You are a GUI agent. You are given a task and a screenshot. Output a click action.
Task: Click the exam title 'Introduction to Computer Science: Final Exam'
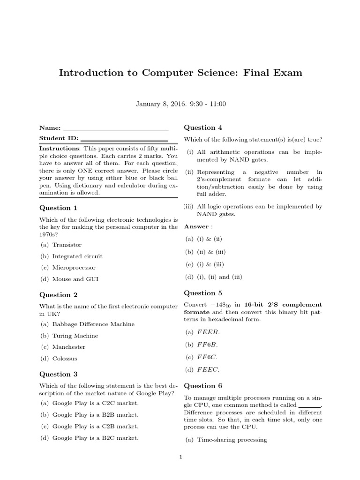tap(180, 73)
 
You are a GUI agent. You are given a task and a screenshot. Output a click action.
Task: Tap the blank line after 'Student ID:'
tap(124, 139)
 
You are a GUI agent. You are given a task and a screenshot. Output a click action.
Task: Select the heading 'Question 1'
tap(58, 208)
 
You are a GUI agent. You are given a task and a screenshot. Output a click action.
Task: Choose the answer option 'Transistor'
tap(67, 245)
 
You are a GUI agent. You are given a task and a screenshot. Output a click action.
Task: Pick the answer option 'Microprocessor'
tap(74, 268)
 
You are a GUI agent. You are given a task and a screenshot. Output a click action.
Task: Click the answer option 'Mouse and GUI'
tap(75, 279)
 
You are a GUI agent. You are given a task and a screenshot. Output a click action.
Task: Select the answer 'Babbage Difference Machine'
tap(93, 324)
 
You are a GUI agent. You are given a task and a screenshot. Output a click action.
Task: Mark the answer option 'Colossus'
tap(65, 359)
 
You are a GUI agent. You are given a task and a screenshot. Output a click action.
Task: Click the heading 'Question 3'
tap(58, 374)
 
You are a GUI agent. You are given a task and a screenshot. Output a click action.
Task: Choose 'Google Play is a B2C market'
tap(95, 438)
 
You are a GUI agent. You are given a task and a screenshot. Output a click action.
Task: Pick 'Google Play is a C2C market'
tap(95, 403)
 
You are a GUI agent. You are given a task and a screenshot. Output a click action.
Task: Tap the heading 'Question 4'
tap(203, 127)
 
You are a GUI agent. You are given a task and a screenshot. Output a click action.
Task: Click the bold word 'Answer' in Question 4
tap(196, 226)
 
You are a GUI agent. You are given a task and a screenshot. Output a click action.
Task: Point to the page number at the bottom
tap(180, 457)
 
